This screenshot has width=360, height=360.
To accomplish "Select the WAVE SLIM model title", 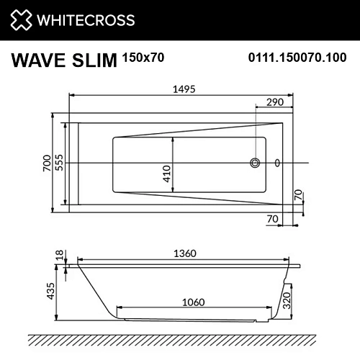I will pyautogui.click(x=64, y=61).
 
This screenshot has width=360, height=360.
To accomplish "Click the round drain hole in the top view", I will pyautogui.click(x=255, y=163).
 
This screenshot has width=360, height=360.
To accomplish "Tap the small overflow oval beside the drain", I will pyautogui.click(x=278, y=163).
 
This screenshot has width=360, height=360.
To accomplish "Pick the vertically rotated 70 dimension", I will pyautogui.click(x=298, y=194).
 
